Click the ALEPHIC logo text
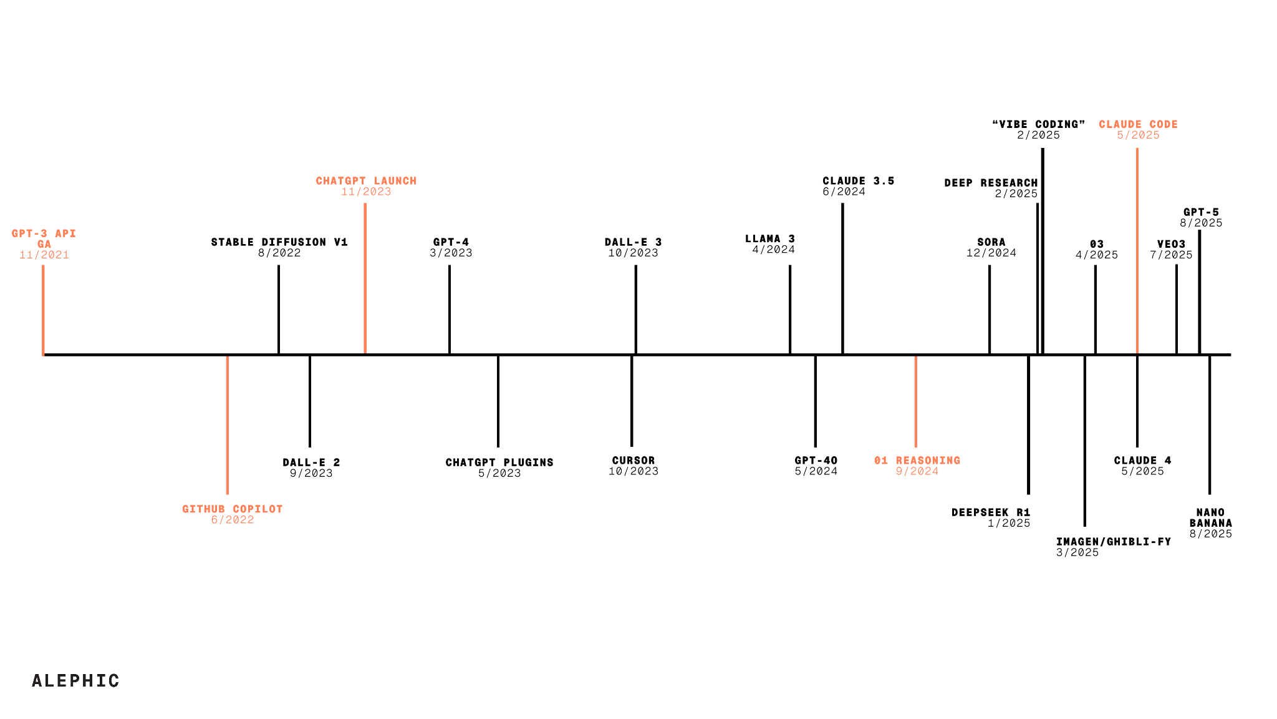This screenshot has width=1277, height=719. coord(75,680)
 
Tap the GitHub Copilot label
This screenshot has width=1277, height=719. coord(233,509)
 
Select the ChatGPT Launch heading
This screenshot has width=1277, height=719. coord(366,180)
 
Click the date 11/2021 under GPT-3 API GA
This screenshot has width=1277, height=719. coord(44,255)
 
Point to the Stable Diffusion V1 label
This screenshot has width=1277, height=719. coord(279,242)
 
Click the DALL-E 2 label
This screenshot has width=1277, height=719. coord(311,462)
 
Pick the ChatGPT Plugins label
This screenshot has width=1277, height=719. coord(499,462)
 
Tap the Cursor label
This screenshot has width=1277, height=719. coord(634,460)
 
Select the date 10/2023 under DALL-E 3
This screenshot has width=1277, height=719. coord(634,253)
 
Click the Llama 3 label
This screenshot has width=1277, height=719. coord(770,238)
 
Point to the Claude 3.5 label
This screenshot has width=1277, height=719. coord(859,180)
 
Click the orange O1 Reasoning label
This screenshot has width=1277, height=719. coord(917,460)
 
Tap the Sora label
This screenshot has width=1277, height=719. coord(991,242)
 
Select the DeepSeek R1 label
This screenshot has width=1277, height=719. coord(991,512)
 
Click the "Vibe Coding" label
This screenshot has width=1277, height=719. coord(1039,124)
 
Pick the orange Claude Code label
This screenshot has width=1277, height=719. coord(1139,124)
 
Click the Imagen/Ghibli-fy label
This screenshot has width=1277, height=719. coord(1114,541)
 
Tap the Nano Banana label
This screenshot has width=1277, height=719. coord(1211,517)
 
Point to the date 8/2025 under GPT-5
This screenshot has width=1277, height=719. coord(1201,223)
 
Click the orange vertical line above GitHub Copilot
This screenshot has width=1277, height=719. coord(228,425)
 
